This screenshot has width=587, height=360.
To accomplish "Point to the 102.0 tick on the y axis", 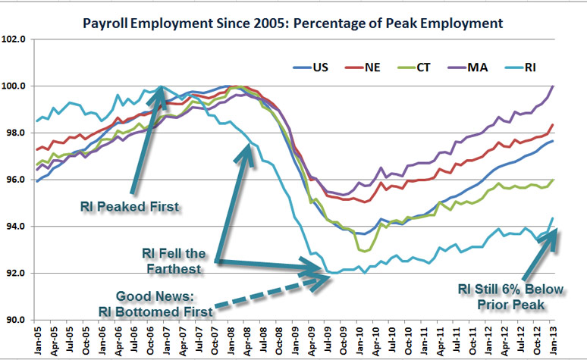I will coord(15,39).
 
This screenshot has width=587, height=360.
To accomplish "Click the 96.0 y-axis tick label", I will coord(15,180).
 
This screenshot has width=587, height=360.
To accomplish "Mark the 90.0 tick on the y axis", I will coord(15,320).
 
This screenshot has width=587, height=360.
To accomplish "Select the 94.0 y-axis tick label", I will coord(15,227).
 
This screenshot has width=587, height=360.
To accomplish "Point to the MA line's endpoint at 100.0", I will coord(551,86).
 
